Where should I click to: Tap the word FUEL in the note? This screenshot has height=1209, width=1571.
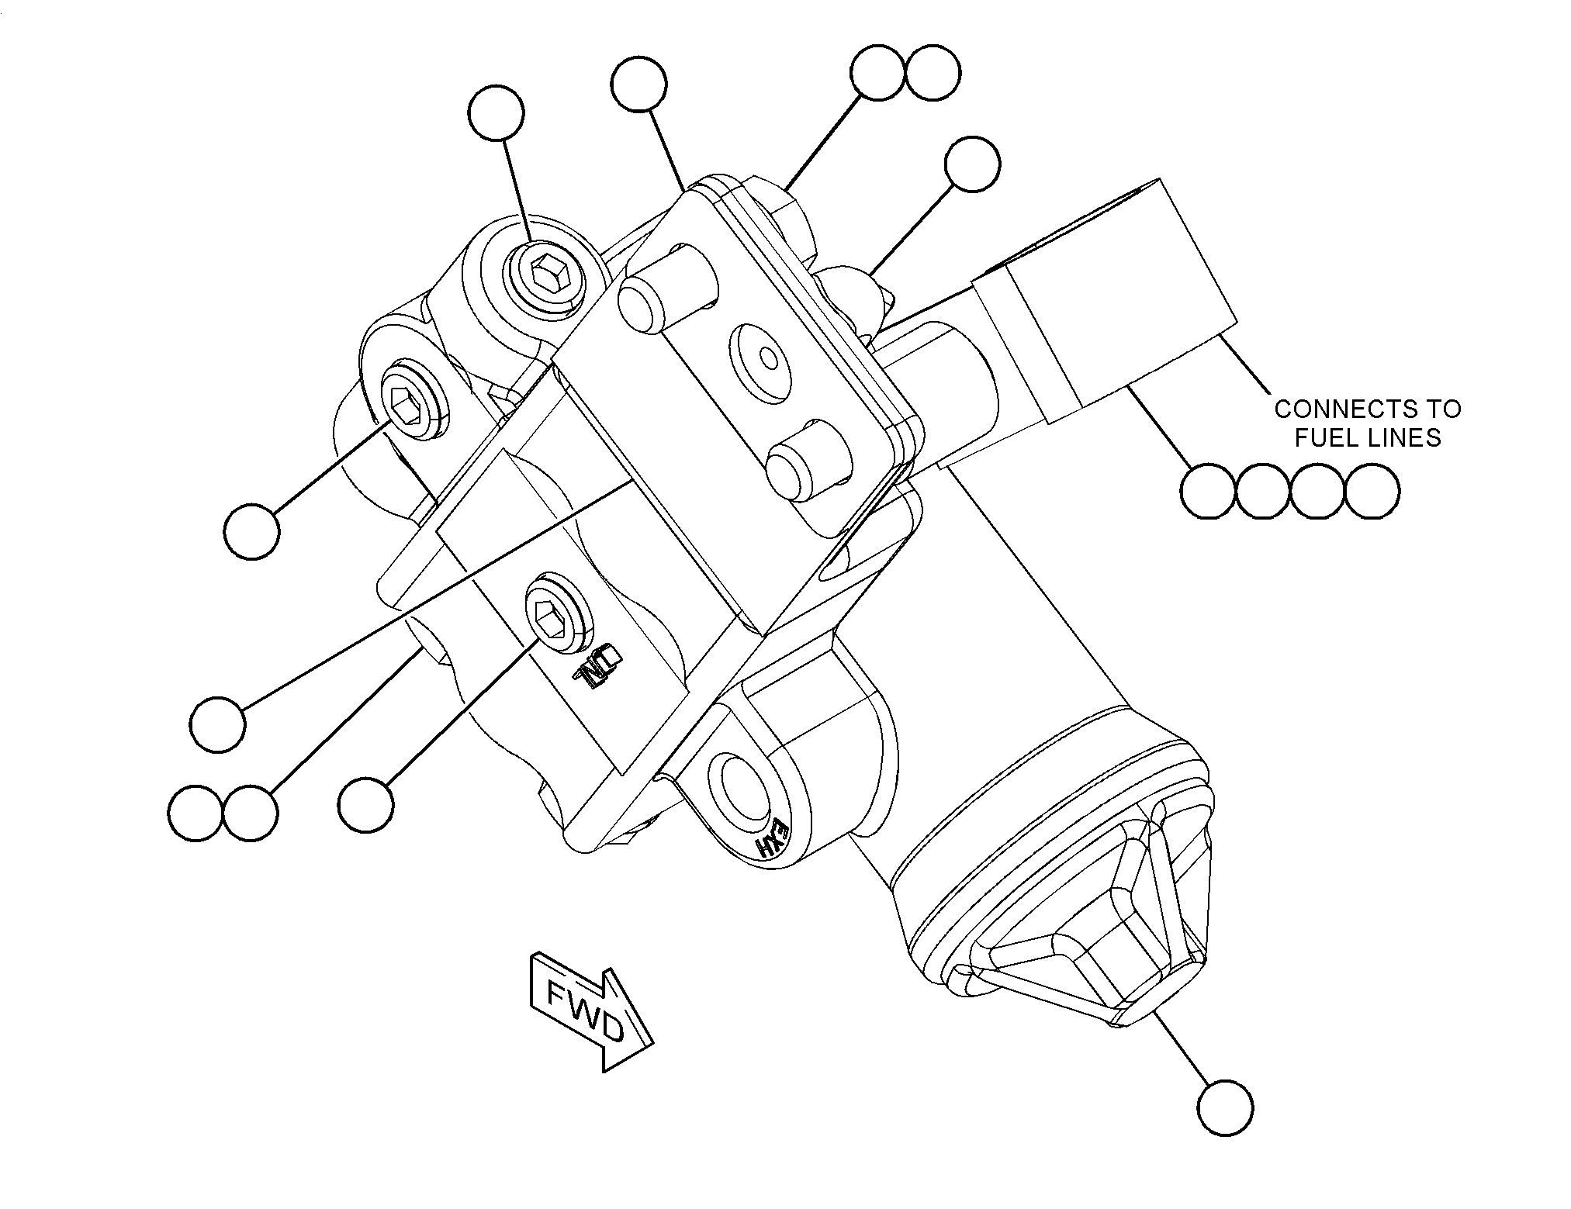pyautogui.click(x=1328, y=438)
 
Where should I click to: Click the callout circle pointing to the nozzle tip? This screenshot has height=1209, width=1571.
pyautogui.click(x=1225, y=1107)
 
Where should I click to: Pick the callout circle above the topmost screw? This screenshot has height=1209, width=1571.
pyautogui.click(x=497, y=113)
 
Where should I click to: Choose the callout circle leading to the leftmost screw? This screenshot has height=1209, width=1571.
pyautogui.click(x=251, y=531)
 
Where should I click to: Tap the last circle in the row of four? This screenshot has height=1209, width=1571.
pyautogui.click(x=1372, y=491)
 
